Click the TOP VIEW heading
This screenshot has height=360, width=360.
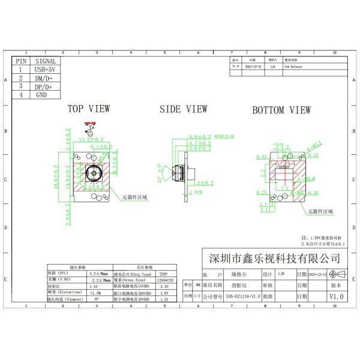pyautogui.click(x=88, y=109)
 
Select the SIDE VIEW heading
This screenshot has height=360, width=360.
pyautogui.click(x=183, y=109)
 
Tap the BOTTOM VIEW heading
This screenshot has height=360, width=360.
pyautogui.click(x=281, y=110)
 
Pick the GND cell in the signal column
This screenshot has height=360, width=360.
pyautogui.click(x=41, y=94)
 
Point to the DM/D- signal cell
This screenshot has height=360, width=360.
pyautogui.click(x=44, y=78)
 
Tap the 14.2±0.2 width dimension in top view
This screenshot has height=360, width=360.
pyautogui.click(x=92, y=140)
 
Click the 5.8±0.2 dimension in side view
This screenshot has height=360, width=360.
pyautogui.click(x=200, y=137)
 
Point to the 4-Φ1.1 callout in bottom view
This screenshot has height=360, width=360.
pyautogui.click(x=315, y=144)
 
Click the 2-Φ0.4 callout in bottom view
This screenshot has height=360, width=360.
pyautogui.click(x=307, y=179)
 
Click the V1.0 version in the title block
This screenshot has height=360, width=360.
pyautogui.click(x=336, y=296)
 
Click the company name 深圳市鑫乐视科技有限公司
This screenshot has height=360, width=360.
pyautogui.click(x=273, y=258)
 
